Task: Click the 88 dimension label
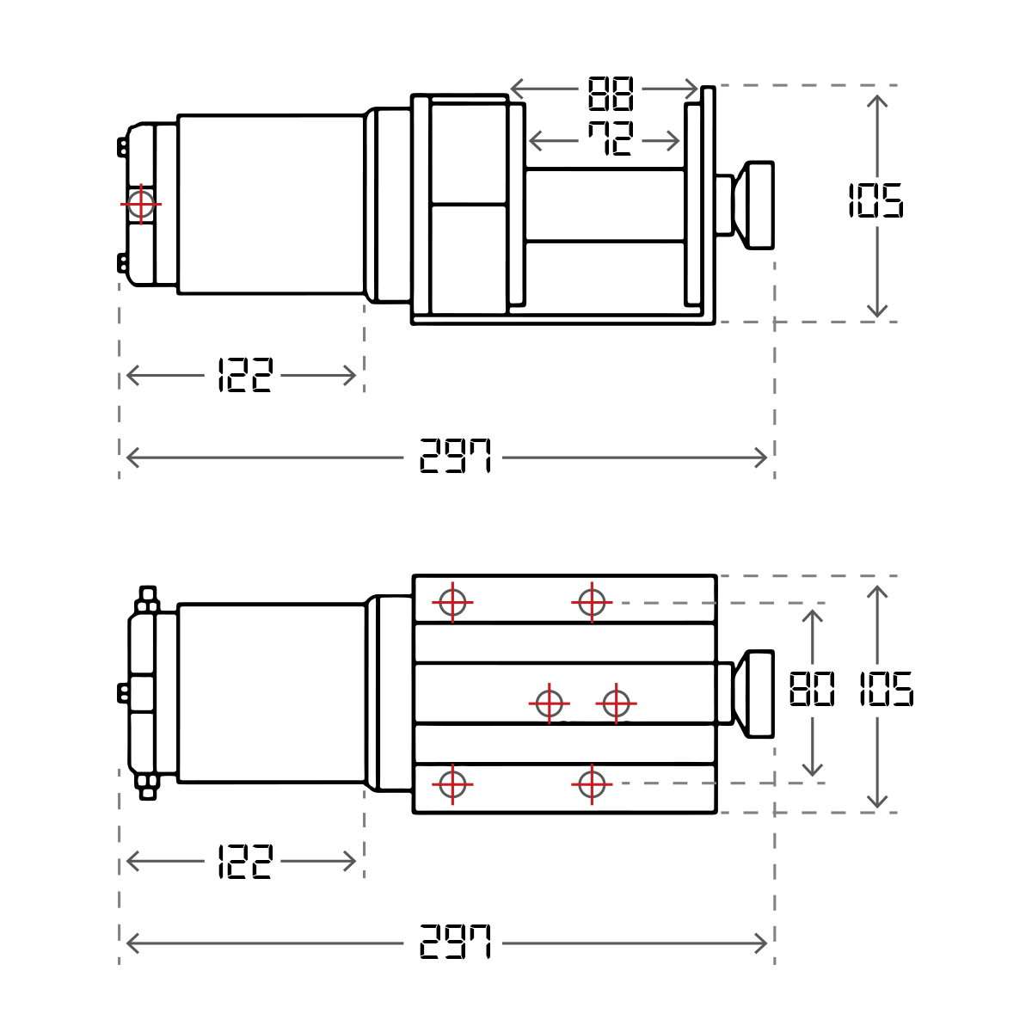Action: pyautogui.click(x=610, y=93)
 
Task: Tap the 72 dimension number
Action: pyautogui.click(x=610, y=138)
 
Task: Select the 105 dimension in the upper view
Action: pyautogui.click(x=875, y=200)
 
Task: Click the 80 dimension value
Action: pyautogui.click(x=812, y=689)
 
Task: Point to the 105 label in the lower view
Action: pyautogui.click(x=886, y=689)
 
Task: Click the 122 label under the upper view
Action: pyautogui.click(x=245, y=375)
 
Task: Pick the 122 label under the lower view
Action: pyautogui.click(x=245, y=861)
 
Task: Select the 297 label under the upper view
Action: pyautogui.click(x=455, y=456)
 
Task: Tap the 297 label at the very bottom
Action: pyautogui.click(x=455, y=942)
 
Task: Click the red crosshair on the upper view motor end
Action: pyautogui.click(x=141, y=204)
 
